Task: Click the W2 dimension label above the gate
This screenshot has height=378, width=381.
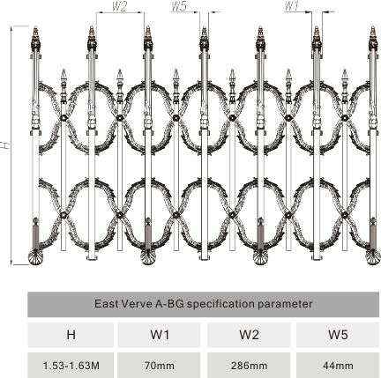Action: tap(120, 6)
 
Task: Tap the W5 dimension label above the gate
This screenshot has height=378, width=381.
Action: tap(179, 6)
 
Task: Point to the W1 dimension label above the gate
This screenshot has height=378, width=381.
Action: tap(292, 6)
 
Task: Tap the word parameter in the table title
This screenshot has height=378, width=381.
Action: tap(285, 305)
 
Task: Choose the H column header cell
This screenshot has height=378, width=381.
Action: tap(71, 335)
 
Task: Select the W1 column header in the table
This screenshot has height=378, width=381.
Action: tap(159, 335)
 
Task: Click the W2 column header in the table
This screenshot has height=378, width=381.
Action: tap(249, 335)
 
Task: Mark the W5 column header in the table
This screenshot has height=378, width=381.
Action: tap(338, 335)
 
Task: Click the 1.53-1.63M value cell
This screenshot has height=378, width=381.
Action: tap(71, 366)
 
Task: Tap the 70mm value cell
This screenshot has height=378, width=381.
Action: tap(159, 366)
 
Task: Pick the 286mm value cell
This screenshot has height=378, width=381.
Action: tap(249, 366)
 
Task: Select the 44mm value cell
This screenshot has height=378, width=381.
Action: tap(338, 366)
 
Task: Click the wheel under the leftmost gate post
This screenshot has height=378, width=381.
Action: tap(35, 258)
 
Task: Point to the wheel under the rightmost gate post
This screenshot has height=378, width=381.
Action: tap(373, 258)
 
